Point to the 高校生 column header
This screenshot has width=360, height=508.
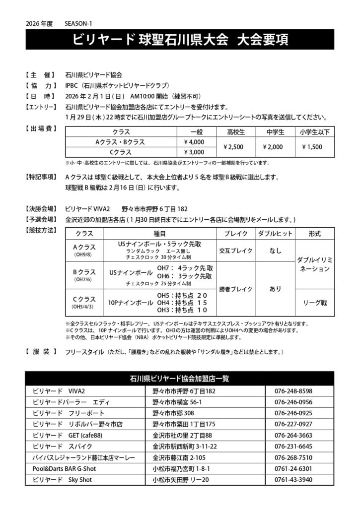point(236,131)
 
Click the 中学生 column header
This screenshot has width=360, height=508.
point(275,131)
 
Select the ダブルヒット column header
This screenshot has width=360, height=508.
point(275,233)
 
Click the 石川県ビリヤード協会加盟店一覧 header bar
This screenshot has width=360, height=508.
point(180,379)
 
